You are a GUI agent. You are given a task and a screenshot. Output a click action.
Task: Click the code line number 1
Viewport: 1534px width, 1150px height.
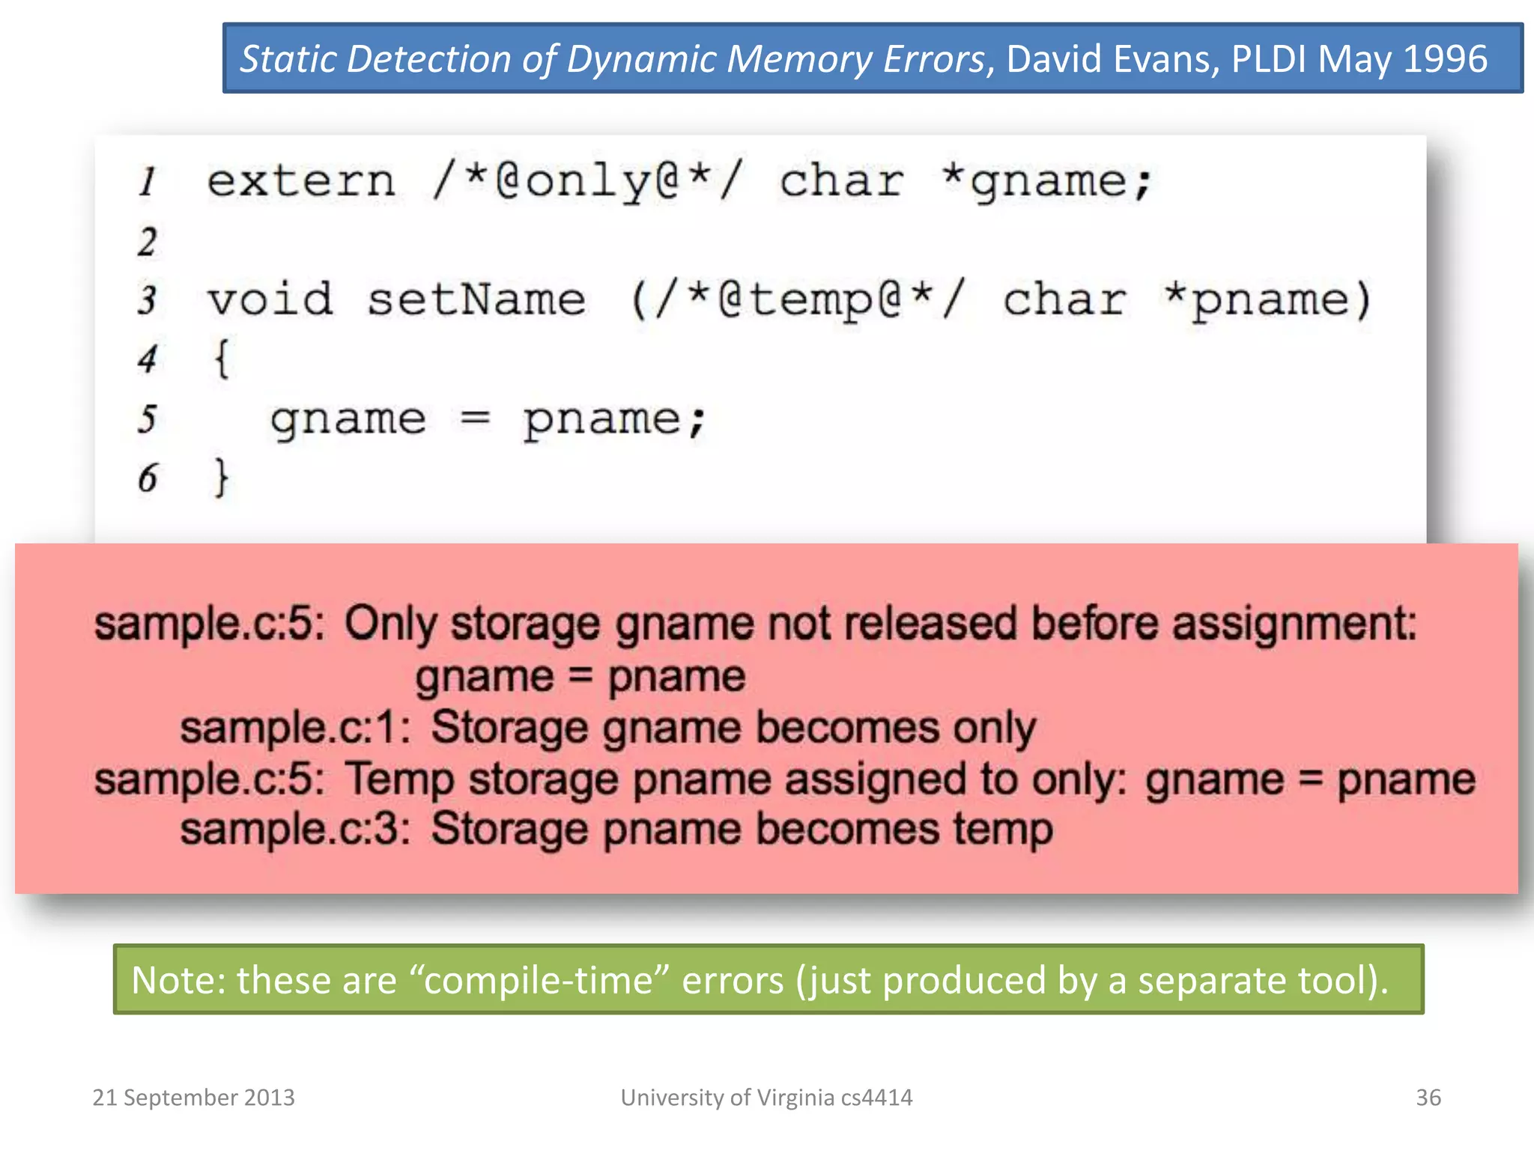click(148, 182)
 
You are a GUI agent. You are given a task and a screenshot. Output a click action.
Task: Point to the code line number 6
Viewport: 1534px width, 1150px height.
click(148, 478)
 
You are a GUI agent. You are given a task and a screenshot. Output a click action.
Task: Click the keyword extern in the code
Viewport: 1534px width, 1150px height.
click(301, 182)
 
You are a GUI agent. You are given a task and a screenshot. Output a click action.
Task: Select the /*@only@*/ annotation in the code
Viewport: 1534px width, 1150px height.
click(588, 182)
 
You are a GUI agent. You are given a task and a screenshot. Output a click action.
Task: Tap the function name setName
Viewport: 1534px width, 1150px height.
click(476, 299)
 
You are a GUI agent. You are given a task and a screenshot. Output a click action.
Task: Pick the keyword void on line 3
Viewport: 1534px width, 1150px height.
click(270, 299)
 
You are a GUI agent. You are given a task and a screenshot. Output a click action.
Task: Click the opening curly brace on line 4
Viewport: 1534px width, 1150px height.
click(222, 358)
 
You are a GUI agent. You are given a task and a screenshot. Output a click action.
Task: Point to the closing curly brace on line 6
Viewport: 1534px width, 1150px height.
click(222, 478)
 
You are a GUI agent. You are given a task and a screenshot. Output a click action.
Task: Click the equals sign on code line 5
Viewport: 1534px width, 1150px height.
click(475, 419)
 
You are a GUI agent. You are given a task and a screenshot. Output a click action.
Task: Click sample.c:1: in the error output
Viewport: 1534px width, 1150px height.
click(295, 728)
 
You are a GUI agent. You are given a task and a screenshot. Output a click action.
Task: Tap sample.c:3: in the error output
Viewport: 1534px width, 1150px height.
click(295, 830)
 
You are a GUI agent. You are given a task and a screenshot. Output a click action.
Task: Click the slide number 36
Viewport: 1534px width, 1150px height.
click(1428, 1098)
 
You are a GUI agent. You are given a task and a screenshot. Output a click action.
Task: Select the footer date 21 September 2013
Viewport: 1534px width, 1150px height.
click(193, 1098)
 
